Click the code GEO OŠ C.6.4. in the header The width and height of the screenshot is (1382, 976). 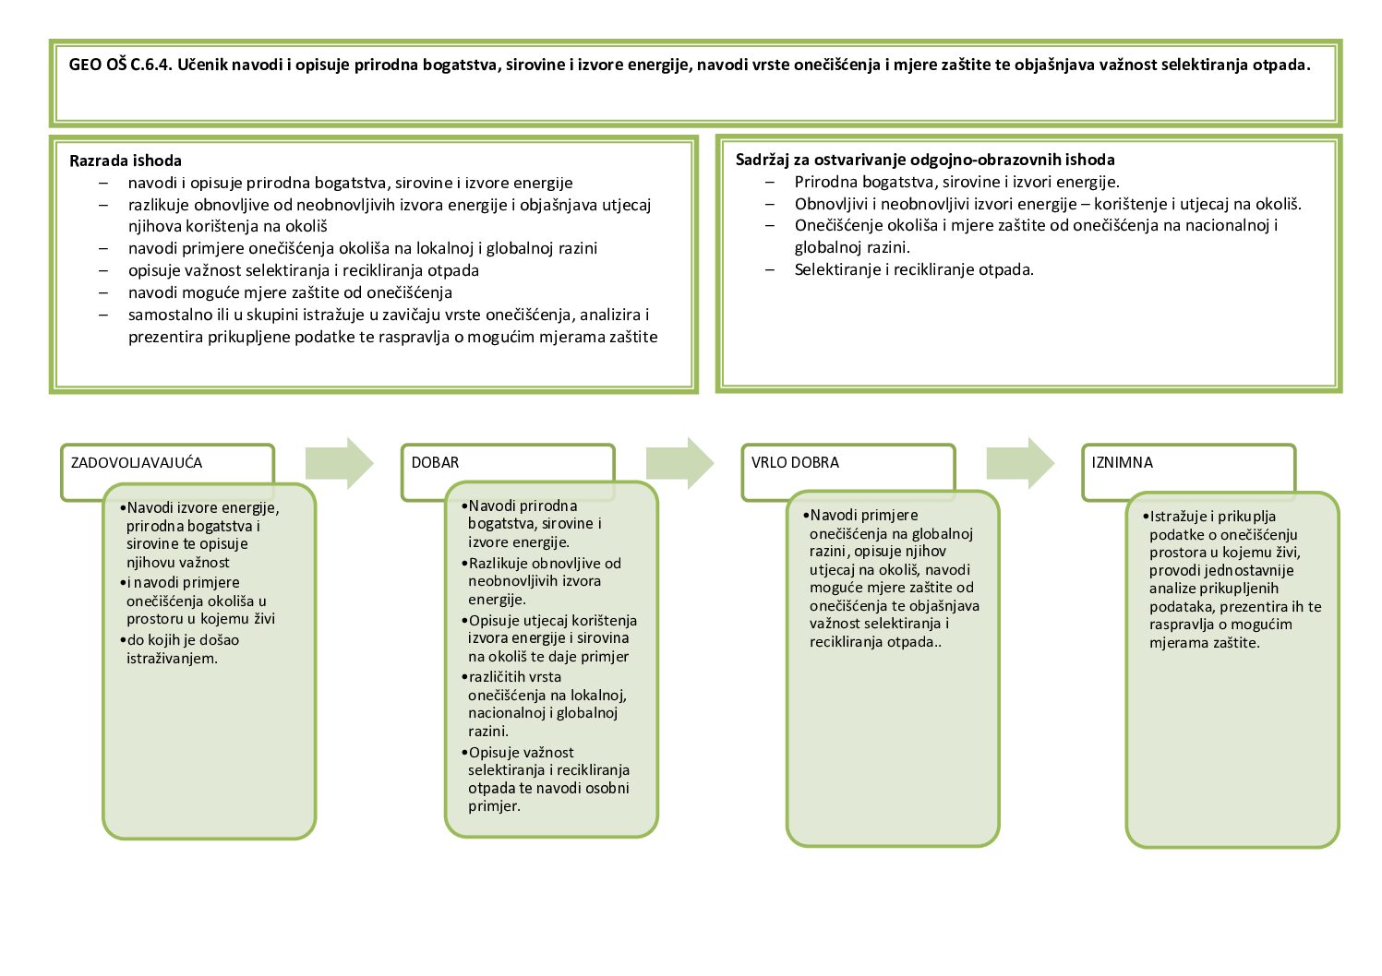[120, 65]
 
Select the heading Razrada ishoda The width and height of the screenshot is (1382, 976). [126, 161]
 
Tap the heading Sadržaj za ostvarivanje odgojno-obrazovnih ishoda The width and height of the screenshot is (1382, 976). [925, 160]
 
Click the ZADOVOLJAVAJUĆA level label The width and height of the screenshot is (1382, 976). [137, 463]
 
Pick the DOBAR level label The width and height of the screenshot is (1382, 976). [435, 463]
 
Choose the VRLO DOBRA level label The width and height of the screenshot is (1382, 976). [795, 463]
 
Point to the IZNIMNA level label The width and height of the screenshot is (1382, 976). [1122, 463]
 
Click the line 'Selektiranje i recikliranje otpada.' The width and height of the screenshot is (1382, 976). [914, 270]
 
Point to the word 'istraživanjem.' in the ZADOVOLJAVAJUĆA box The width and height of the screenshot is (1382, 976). [173, 659]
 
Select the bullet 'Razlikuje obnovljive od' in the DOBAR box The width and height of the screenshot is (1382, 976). [545, 564]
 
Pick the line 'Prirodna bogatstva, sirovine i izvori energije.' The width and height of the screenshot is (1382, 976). [956, 183]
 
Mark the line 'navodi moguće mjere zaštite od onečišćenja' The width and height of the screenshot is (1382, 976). [290, 293]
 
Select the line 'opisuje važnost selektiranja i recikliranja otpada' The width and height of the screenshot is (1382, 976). [304, 271]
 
